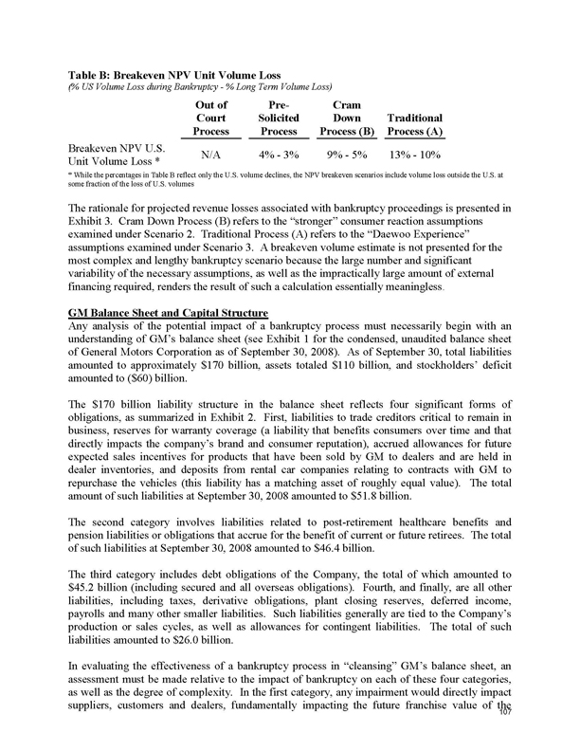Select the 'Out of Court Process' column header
point(210,117)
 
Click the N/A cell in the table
point(210,154)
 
